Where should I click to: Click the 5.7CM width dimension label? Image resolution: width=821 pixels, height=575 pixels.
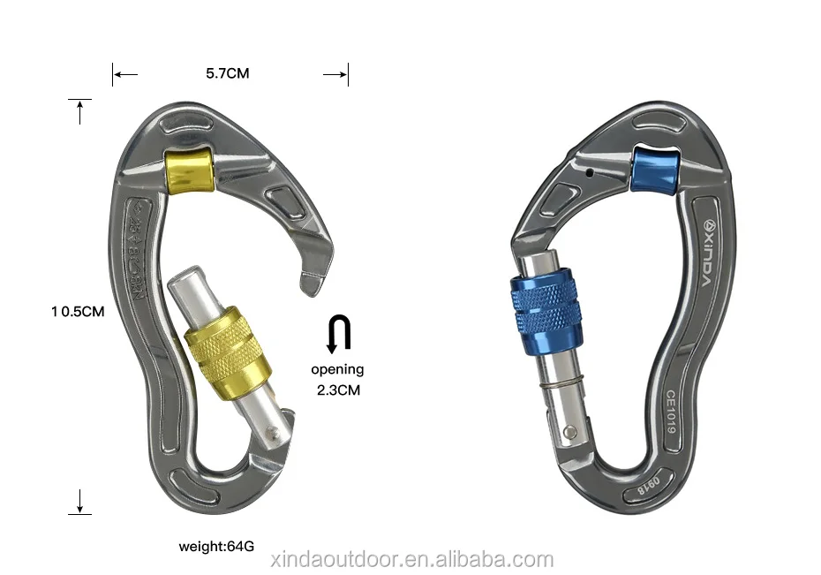(x=228, y=74)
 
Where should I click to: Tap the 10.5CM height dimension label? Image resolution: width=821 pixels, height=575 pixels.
(x=78, y=311)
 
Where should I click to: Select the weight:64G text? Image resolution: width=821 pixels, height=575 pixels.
(x=216, y=546)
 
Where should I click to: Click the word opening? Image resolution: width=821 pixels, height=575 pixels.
(x=336, y=369)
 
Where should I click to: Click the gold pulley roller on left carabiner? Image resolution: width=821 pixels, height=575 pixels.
(x=190, y=169)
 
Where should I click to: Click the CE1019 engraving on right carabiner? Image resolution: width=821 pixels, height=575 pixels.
(x=671, y=411)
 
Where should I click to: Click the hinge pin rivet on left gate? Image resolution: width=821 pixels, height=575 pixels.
(x=276, y=433)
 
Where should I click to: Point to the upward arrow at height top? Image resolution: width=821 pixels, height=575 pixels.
(x=79, y=111)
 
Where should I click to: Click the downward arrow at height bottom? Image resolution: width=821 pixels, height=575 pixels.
(x=79, y=502)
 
